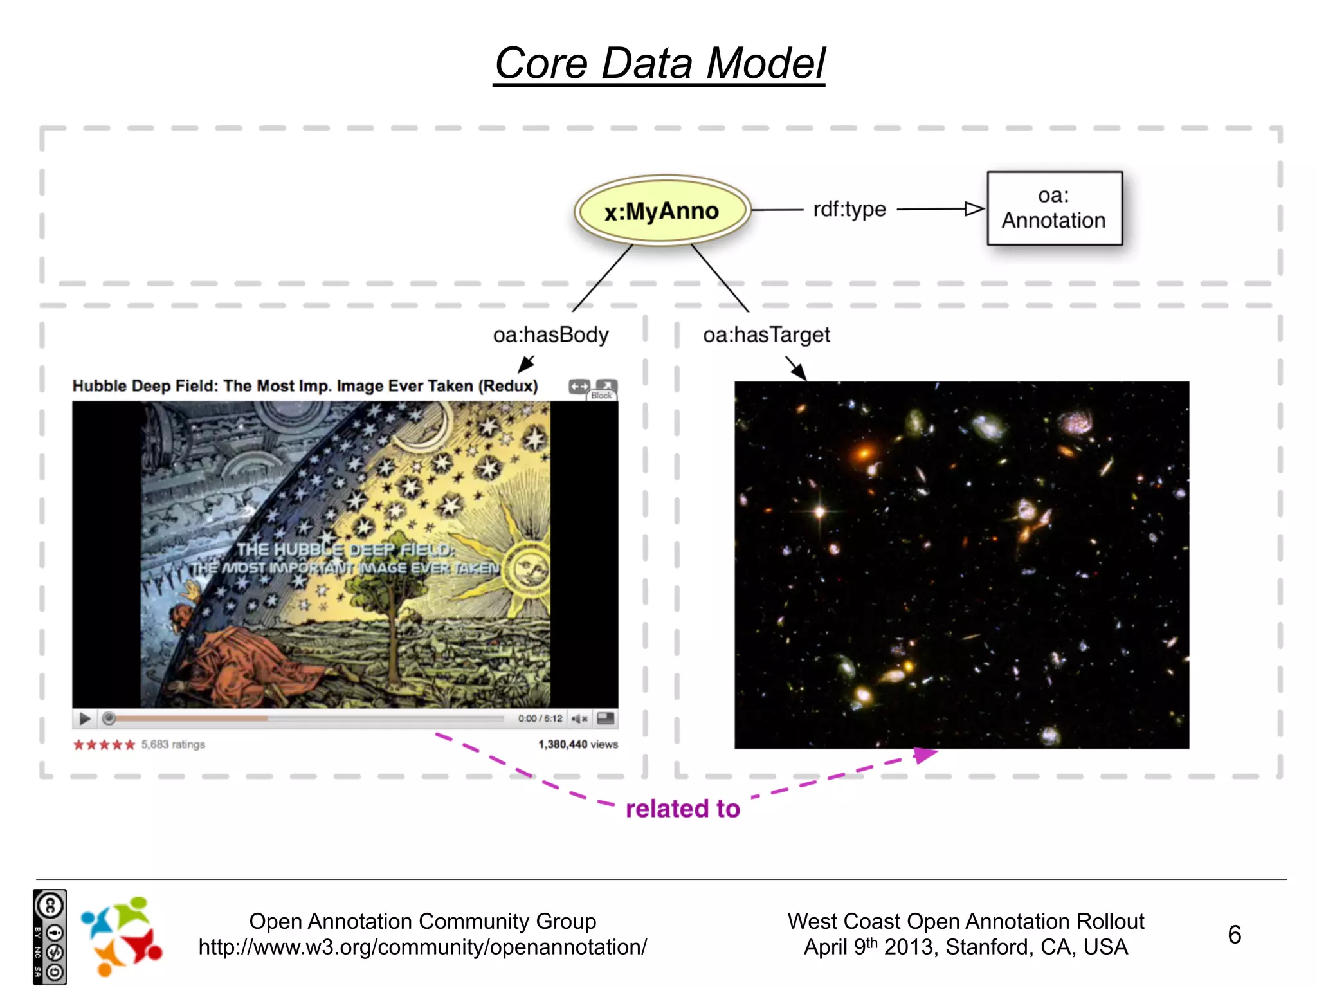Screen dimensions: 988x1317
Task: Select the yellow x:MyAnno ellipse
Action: (662, 211)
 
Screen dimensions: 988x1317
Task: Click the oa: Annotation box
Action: (1054, 208)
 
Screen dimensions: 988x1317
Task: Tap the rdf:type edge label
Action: (849, 209)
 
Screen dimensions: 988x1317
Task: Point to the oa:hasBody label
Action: (550, 335)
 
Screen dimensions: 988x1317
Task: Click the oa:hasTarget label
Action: (766, 335)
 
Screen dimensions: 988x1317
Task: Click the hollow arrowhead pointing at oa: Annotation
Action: (974, 209)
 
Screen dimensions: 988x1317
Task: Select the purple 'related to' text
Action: (682, 809)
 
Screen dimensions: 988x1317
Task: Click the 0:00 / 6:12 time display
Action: (540, 718)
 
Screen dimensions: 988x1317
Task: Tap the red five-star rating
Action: (104, 745)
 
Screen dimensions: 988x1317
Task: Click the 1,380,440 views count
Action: (577, 744)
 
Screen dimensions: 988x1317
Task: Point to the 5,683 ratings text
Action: (173, 744)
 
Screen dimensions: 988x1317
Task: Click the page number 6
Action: (1234, 934)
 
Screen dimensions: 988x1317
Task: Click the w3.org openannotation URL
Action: (422, 947)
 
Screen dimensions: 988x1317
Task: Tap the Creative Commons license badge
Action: (50, 937)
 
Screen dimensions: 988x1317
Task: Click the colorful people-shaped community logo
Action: (121, 936)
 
